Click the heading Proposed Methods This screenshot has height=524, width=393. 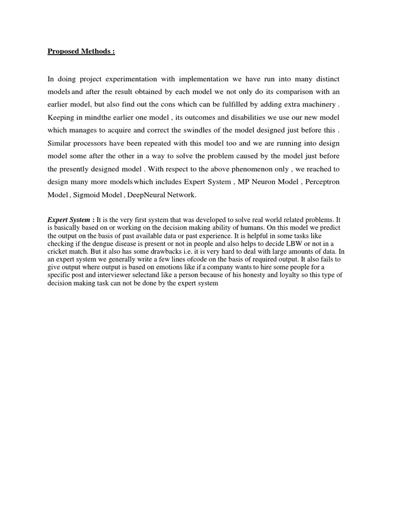pos(81,52)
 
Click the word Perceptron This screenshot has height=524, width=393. pos(322,182)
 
